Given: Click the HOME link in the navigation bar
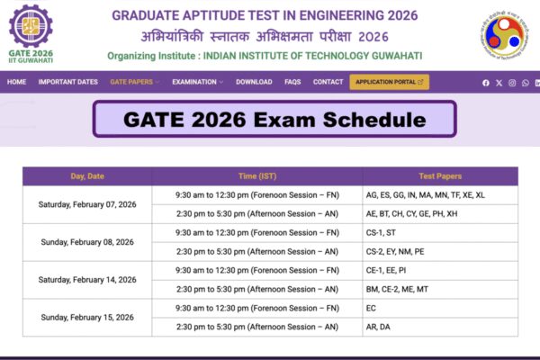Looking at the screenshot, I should coord(16,82).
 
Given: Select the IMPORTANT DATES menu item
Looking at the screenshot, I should coord(68,82).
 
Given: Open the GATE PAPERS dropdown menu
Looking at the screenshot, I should coord(134,82).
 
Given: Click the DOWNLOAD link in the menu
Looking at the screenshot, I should coord(254,82).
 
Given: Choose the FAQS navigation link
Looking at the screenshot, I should coord(292,82).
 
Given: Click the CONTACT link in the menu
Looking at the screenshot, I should coord(328,82).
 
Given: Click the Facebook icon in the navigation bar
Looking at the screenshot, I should coord(486,83).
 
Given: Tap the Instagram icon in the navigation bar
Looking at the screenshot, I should coord(512,83).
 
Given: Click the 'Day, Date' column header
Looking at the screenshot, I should coord(87,175).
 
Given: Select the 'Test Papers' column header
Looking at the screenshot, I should coord(439,175).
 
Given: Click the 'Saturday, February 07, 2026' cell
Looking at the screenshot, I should coord(87,204).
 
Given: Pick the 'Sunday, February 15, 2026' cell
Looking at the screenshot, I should coord(87,317).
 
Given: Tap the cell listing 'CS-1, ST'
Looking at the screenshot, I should coord(439,232).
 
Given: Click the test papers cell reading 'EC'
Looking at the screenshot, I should coord(439,308).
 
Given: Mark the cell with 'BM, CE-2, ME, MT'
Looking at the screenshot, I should coord(439,289).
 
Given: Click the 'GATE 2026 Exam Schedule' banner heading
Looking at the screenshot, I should coord(274,120).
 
